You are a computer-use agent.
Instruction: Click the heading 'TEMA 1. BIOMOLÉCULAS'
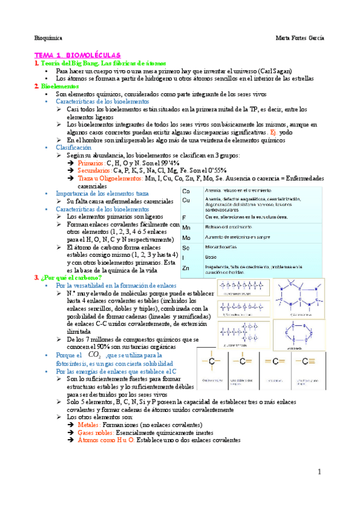(x=78, y=55)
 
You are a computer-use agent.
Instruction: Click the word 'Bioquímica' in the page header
(x=46, y=37)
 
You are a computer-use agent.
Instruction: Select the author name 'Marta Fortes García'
(x=299, y=37)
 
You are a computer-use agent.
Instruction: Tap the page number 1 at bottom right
(x=320, y=473)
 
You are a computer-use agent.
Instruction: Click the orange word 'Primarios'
(x=91, y=163)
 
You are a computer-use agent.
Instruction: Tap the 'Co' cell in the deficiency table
(x=186, y=191)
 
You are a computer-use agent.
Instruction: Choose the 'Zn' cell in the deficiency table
(x=186, y=268)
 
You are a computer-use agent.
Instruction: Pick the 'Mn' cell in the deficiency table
(x=186, y=228)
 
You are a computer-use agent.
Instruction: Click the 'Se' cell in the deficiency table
(x=186, y=248)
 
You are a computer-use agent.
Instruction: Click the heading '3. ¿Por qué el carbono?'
(x=68, y=277)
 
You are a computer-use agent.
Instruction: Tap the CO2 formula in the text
(x=93, y=355)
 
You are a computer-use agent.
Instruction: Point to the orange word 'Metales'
(x=90, y=425)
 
